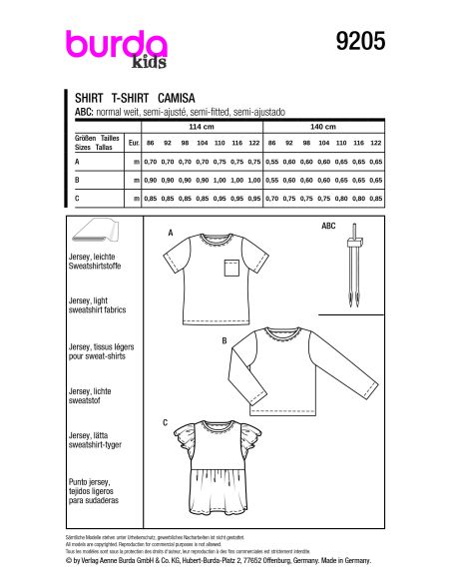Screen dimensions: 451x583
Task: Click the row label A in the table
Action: (77, 161)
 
